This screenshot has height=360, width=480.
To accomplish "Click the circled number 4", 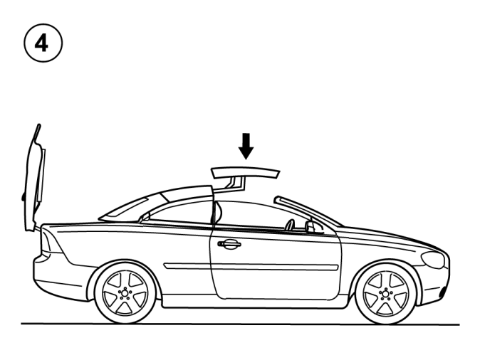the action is pyautogui.click(x=43, y=43).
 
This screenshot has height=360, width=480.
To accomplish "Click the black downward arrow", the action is pyautogui.click(x=246, y=146).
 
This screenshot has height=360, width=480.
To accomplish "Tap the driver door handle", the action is pyautogui.click(x=229, y=244).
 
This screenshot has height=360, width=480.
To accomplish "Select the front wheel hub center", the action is pyautogui.click(x=385, y=294).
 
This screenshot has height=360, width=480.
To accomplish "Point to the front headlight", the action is pyautogui.click(x=433, y=260).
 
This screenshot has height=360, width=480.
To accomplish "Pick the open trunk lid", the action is pyautogui.click(x=33, y=177).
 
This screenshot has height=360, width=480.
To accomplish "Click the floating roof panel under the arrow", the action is pyautogui.click(x=246, y=172).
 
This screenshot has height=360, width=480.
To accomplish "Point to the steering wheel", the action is pyautogui.click(x=289, y=225).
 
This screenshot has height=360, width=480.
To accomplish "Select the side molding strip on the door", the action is pyautogui.click(x=251, y=266).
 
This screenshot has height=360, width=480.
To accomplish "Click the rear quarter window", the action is pyautogui.click(x=181, y=211).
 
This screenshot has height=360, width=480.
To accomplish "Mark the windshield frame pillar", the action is pyautogui.click(x=308, y=211).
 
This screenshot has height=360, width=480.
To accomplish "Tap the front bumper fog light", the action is pyautogui.click(x=442, y=292).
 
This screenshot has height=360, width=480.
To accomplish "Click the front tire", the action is pyautogui.click(x=385, y=294).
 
